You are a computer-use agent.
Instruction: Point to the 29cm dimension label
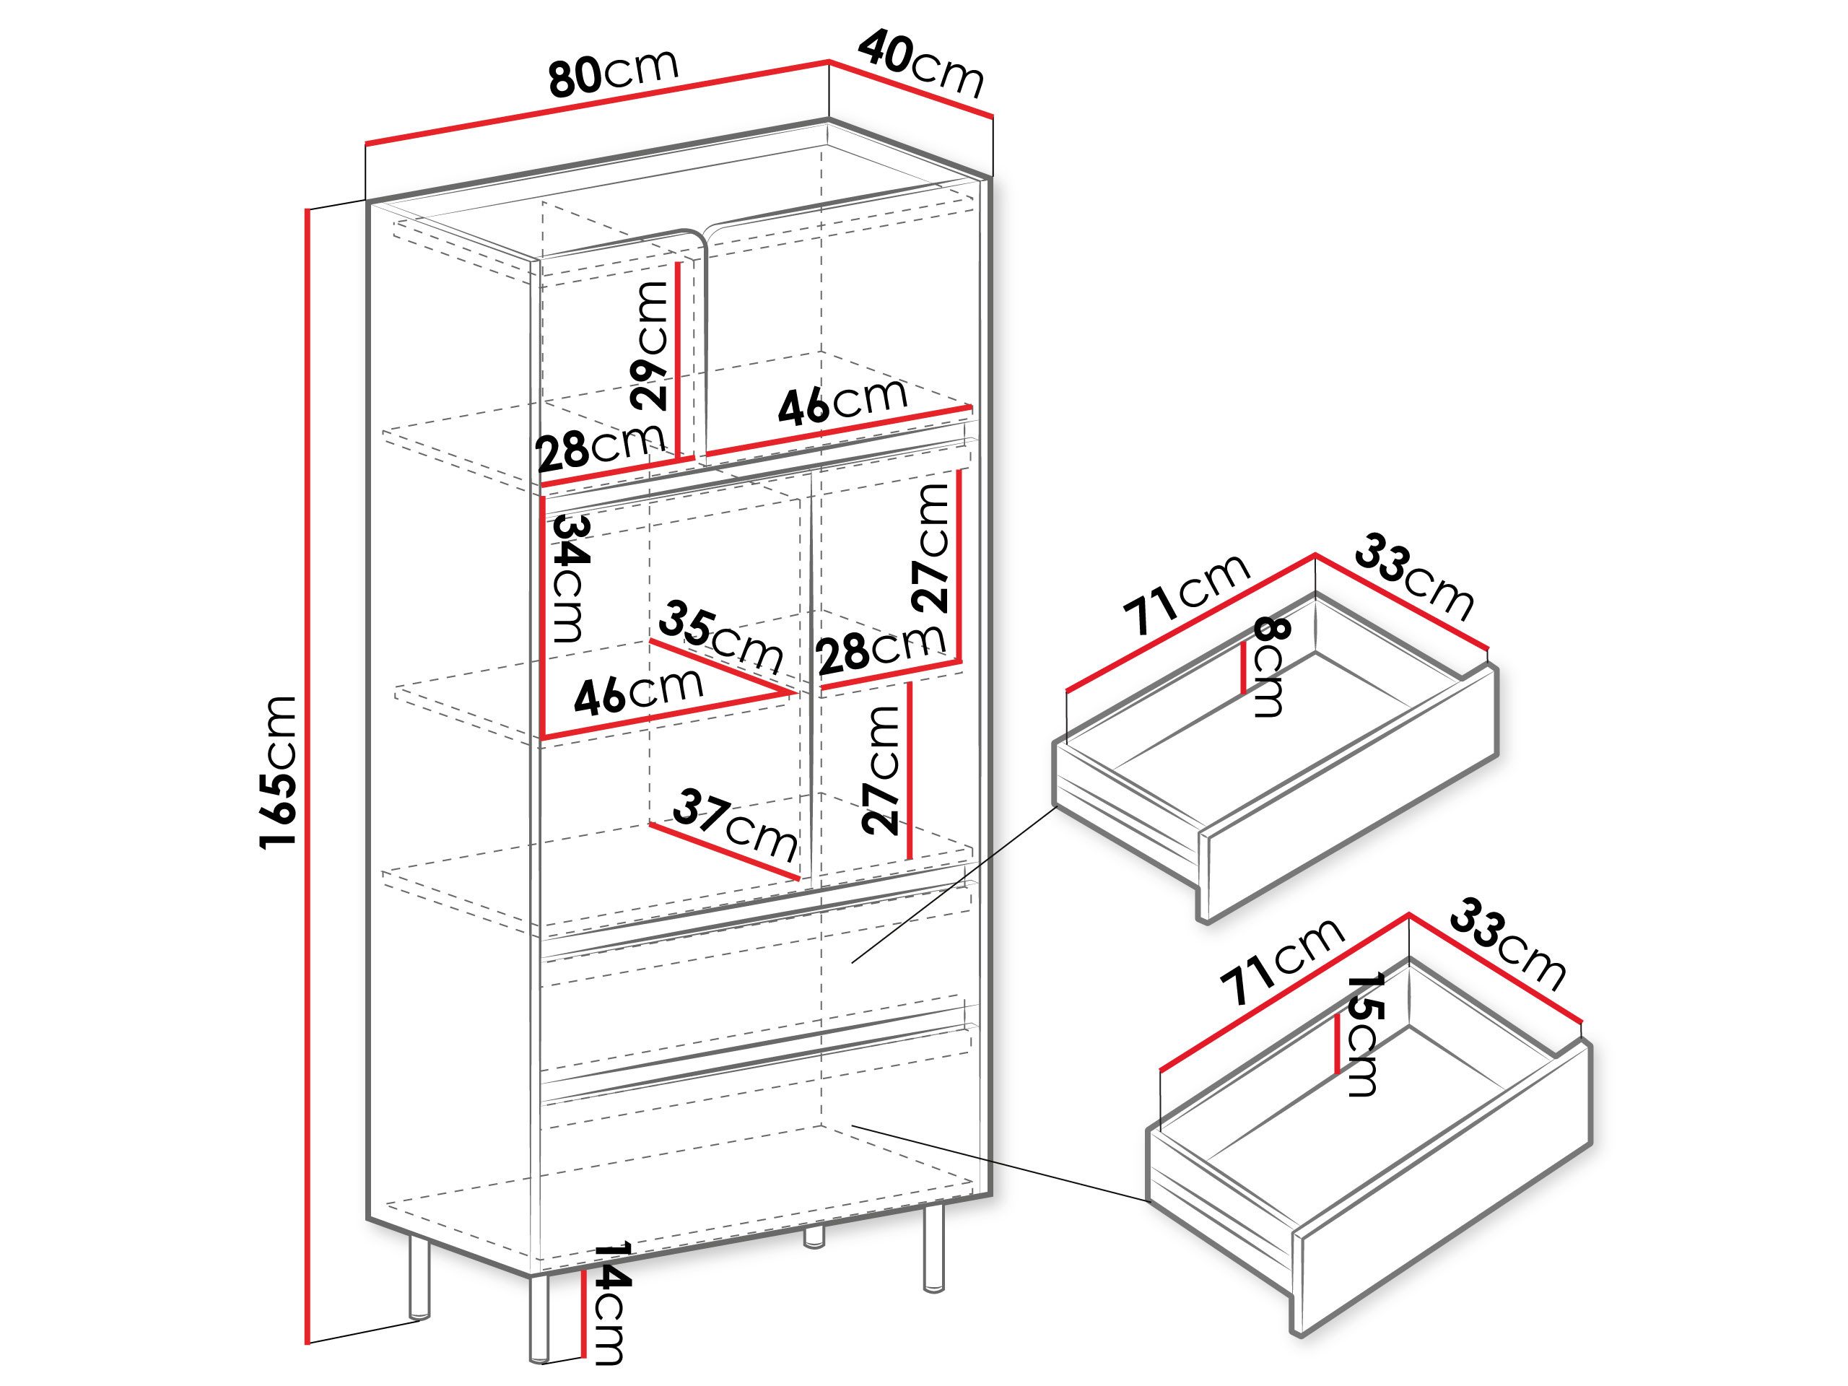click(x=651, y=345)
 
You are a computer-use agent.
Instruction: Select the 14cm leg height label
click(x=610, y=1317)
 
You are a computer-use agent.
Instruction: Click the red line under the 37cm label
click(x=724, y=851)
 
